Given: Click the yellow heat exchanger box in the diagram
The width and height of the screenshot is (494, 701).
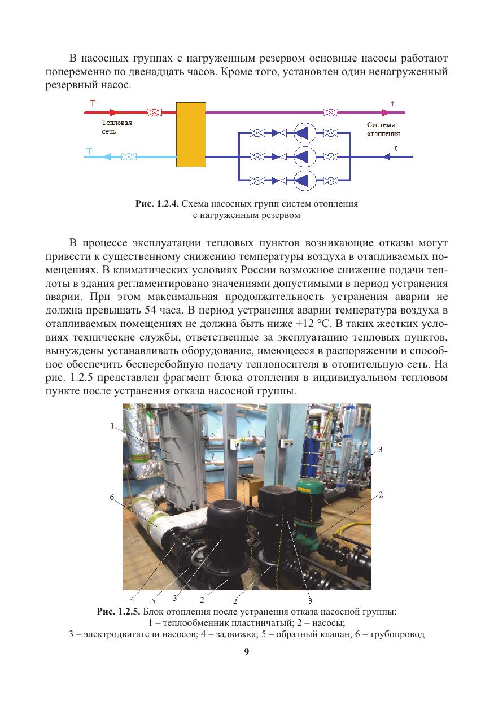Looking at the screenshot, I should point(190,134).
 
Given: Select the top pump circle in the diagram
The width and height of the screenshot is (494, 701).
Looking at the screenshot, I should point(305,133).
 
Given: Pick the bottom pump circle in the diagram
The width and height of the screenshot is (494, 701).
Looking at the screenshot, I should point(305,180).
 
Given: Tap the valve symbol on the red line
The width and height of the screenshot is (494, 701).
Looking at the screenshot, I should point(154,112).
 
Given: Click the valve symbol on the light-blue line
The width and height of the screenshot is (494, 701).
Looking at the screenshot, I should point(129,156).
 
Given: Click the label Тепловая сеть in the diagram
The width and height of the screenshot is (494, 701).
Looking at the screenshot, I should point(116,127).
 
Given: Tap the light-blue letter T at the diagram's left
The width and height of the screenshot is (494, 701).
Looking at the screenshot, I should point(89,151).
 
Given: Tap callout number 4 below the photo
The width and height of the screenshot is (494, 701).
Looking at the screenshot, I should point(132,599).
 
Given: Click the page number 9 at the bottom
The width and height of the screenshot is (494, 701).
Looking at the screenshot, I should point(247,651).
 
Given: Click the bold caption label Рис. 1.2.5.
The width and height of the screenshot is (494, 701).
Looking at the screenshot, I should point(119,611).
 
